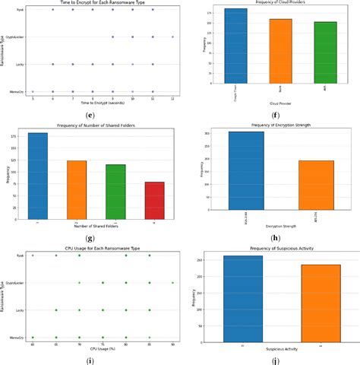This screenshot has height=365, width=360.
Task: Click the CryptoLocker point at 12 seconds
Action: click(173, 36)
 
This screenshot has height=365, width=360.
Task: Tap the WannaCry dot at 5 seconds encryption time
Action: click(33, 91)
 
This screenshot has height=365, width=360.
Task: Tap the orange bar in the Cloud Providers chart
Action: click(280, 55)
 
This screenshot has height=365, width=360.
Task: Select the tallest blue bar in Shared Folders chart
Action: click(37, 176)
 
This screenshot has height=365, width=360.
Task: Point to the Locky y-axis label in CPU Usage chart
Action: click(19, 310)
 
